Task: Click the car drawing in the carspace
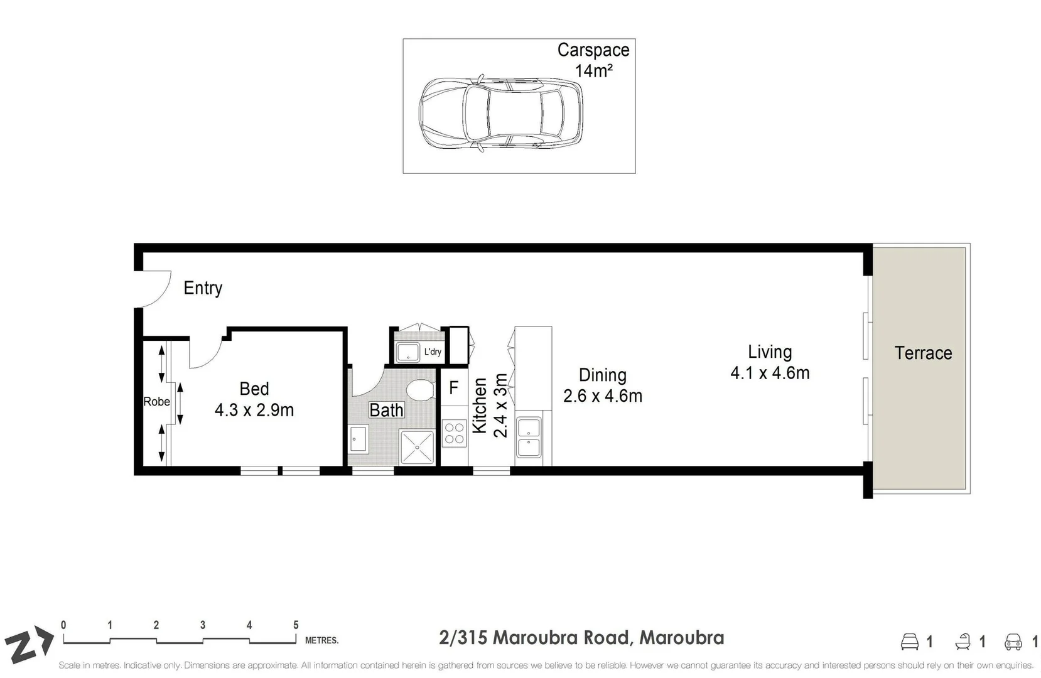500,113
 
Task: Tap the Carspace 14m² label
593,60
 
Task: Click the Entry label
203,288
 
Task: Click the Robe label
156,402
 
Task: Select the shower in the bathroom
417,447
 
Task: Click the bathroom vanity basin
359,438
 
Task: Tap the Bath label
386,410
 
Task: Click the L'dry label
433,352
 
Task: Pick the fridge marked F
453,388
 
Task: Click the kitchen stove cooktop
454,433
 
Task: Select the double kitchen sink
529,438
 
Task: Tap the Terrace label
923,353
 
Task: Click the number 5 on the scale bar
296,625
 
